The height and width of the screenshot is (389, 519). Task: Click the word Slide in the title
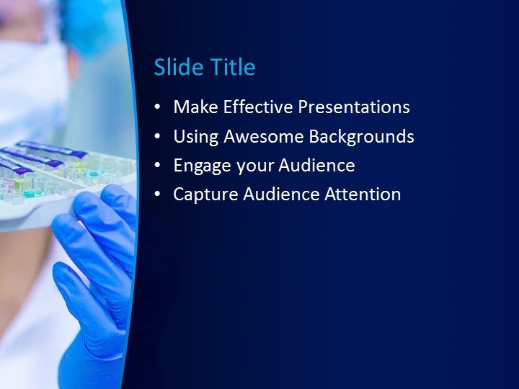coord(174,68)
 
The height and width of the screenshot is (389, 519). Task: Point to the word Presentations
coord(354,107)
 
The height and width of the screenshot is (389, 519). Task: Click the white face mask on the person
coord(29,79)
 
